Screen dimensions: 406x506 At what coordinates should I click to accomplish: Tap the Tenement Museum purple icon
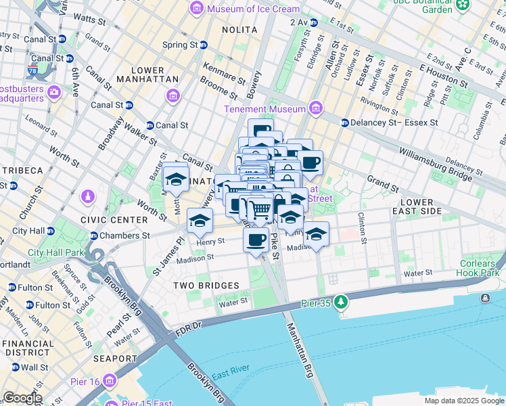click(315, 108)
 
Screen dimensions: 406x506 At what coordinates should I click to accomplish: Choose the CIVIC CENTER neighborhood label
click(114, 220)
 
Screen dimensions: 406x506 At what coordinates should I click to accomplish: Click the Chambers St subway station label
click(124, 236)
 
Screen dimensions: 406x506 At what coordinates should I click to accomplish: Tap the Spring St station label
click(179, 45)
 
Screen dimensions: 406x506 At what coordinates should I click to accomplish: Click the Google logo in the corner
click(22, 398)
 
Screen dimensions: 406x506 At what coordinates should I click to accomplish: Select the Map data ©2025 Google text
click(464, 401)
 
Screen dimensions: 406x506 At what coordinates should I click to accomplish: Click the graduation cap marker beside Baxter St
click(176, 179)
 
